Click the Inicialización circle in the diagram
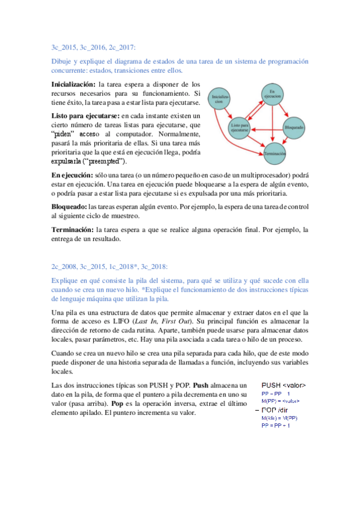coord(219,100)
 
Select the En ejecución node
coord(272,94)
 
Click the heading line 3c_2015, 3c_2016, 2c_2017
coord(93,46)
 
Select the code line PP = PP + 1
coord(275,426)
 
